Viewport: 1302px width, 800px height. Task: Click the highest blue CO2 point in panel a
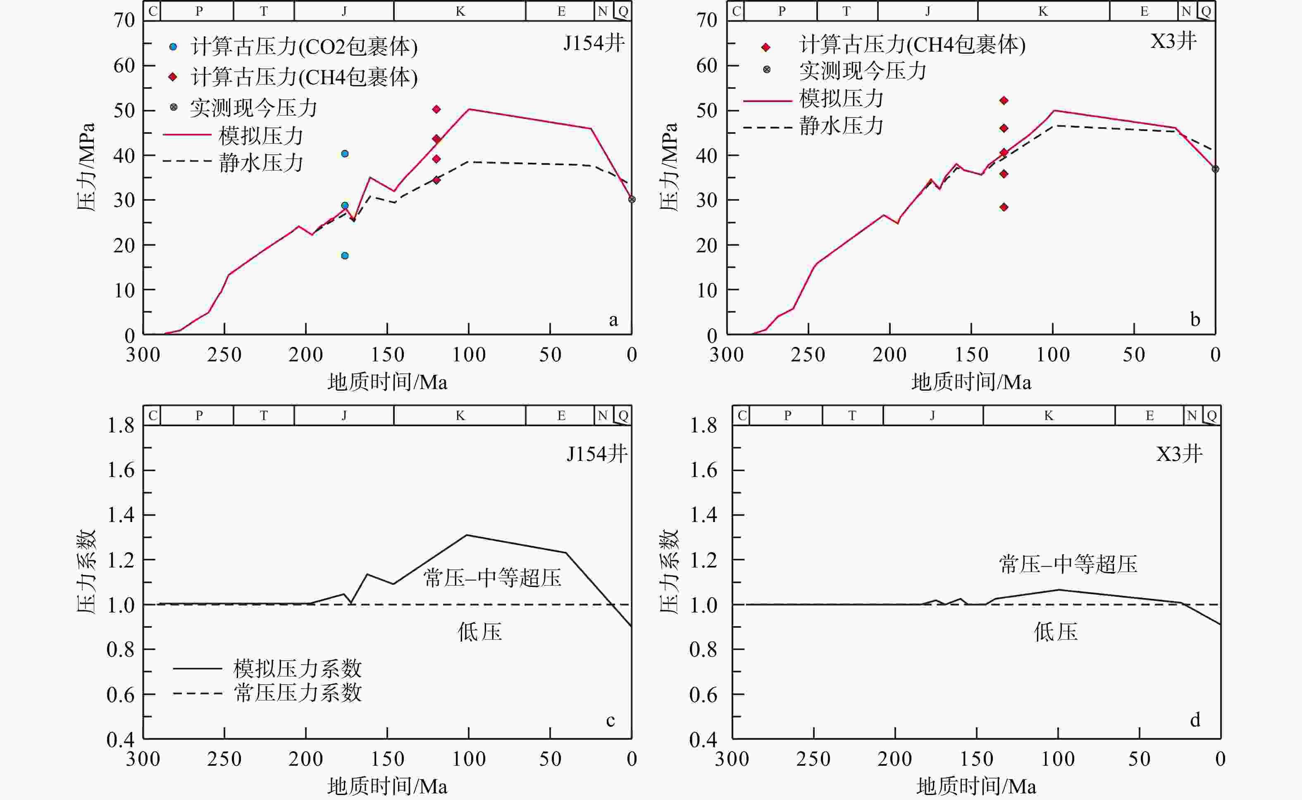(x=345, y=154)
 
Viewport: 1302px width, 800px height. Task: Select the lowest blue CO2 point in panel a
(x=345, y=256)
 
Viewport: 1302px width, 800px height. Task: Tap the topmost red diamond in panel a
(x=436, y=109)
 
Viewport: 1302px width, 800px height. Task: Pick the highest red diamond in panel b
(x=1004, y=100)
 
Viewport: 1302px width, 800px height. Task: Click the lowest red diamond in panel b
(x=1004, y=207)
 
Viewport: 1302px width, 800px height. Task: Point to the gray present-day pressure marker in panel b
(x=1215, y=169)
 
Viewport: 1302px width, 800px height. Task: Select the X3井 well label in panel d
(x=1179, y=453)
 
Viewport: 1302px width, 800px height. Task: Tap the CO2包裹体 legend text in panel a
(x=304, y=47)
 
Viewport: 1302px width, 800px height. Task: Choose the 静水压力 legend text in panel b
(x=842, y=126)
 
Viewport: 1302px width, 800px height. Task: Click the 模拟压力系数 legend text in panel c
(x=298, y=669)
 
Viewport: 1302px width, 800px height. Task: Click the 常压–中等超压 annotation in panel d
(x=1068, y=564)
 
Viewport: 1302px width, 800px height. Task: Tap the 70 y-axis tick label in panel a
(x=124, y=21)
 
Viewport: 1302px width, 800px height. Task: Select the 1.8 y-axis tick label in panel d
(x=703, y=425)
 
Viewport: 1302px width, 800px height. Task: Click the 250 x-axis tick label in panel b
(x=808, y=354)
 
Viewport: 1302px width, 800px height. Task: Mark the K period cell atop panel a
(x=460, y=11)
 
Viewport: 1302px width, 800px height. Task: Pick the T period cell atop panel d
(x=852, y=415)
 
